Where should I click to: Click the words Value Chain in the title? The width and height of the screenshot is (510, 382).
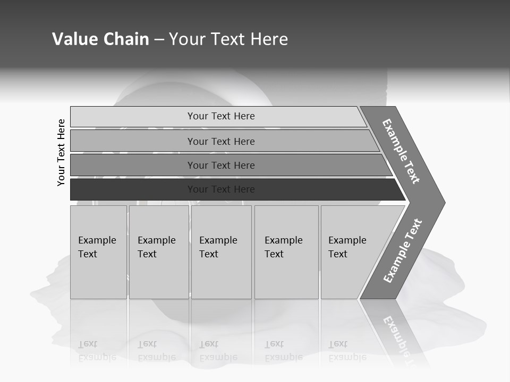[100, 39]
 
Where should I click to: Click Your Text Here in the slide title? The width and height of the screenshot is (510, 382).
[228, 39]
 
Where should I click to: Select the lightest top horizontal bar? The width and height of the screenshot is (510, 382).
[133, 116]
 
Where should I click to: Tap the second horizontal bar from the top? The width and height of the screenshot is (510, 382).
[133, 141]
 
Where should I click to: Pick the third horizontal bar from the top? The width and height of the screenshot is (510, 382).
[133, 165]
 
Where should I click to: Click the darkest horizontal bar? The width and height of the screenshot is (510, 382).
[133, 189]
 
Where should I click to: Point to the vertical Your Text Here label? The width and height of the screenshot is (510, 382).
[61, 152]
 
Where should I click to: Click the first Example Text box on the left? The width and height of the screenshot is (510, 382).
[98, 252]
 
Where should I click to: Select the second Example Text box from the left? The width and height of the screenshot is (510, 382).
[158, 252]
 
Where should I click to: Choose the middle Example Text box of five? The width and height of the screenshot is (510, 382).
[221, 252]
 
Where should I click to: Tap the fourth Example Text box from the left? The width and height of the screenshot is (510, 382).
[286, 252]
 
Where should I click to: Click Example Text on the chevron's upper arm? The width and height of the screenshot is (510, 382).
[401, 151]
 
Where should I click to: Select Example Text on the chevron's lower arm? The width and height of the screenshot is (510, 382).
[403, 251]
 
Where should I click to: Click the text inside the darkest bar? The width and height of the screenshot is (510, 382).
[221, 189]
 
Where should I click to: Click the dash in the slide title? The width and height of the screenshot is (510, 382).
[159, 40]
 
